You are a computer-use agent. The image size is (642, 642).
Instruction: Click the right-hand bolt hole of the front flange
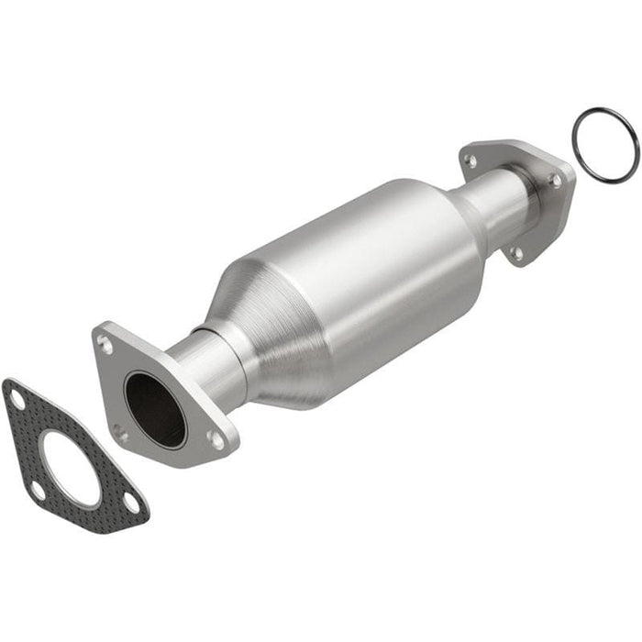click(x=216, y=440)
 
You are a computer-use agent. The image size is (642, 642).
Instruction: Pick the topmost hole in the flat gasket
click(x=17, y=399)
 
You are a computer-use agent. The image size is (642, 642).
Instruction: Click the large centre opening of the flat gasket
click(x=70, y=469)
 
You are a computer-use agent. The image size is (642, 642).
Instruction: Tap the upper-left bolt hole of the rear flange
click(x=470, y=160)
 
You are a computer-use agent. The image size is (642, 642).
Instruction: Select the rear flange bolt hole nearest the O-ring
click(x=555, y=181)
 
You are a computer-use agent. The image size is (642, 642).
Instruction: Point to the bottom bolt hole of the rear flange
click(x=516, y=253)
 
